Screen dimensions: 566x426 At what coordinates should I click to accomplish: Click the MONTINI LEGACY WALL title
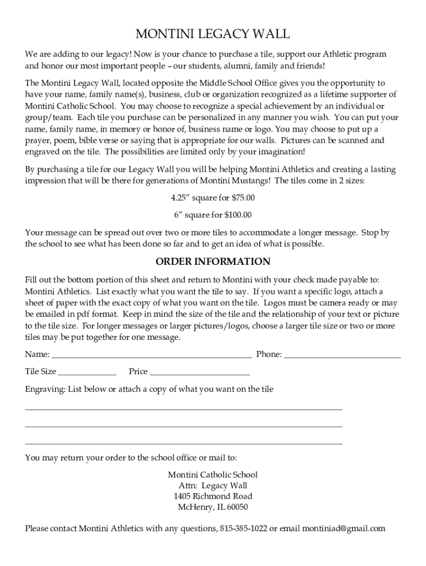click(212, 34)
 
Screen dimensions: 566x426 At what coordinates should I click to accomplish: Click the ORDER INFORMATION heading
click(212, 261)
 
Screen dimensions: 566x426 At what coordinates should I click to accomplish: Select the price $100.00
click(238, 215)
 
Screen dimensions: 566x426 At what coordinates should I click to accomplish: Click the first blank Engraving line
click(184, 408)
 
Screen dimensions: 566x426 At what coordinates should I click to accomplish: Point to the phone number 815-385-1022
click(243, 528)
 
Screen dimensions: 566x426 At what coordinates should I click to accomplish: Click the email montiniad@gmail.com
click(344, 528)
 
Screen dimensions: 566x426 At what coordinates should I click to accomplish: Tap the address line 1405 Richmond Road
click(212, 496)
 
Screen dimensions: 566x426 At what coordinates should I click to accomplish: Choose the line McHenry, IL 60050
click(212, 507)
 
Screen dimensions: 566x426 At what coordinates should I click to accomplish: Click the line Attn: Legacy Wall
click(212, 485)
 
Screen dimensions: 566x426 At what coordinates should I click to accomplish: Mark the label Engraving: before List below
click(45, 389)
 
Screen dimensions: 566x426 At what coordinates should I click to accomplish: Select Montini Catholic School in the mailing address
click(212, 475)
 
